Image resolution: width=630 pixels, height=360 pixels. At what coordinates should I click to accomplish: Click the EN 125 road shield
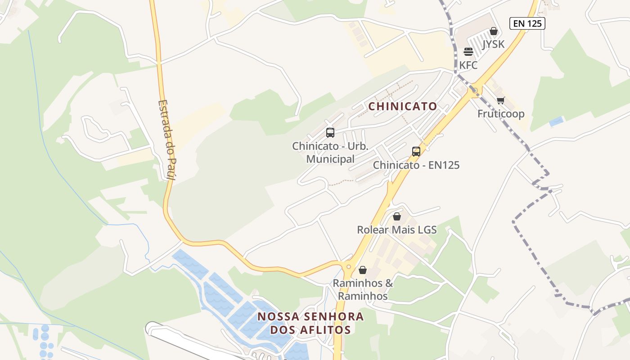pos(527,23)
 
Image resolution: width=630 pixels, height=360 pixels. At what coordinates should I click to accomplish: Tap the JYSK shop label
pos(493,44)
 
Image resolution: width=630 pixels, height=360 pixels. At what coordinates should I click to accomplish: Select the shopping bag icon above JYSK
pos(494,31)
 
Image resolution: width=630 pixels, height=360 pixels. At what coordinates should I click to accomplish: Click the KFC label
pos(468,65)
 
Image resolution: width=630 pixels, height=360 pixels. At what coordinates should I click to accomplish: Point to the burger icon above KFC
pos(468,52)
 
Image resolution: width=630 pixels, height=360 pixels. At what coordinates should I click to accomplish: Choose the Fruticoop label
pos(501,113)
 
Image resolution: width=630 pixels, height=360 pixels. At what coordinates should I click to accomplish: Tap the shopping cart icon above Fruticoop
pos(501,100)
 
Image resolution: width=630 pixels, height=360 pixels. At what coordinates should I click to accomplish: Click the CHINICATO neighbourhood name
pos(403,106)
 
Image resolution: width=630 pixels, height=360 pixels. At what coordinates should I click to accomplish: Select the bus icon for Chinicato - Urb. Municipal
pos(330,133)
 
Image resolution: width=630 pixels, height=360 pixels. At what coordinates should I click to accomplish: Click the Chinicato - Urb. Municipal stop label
pos(330,153)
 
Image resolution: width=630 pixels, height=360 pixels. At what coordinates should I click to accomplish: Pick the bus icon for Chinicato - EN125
pos(416,152)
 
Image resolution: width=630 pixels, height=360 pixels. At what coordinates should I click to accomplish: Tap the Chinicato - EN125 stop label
pos(416,165)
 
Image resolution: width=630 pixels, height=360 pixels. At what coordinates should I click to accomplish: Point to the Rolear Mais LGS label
pos(396,230)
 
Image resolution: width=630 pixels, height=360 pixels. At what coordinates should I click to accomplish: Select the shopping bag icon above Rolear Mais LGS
pos(397,216)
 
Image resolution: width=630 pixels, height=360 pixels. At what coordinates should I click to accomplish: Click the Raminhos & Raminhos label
pos(363,289)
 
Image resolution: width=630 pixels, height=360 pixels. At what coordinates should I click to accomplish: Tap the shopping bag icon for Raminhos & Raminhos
pos(363,270)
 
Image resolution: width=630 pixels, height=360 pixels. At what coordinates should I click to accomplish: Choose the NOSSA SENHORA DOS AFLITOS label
pos(310,323)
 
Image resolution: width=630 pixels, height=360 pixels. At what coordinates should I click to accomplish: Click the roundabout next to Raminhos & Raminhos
pos(348,267)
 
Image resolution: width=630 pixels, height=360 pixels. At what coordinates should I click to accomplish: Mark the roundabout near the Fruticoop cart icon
pos(475,90)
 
